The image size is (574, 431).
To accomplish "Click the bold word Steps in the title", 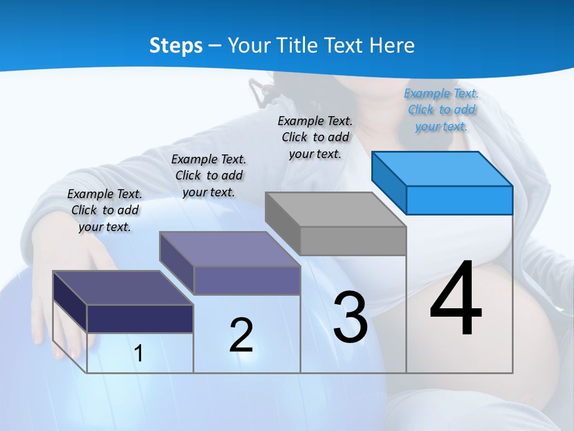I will coord(176,45).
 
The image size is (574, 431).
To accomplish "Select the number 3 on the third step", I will coord(350,317).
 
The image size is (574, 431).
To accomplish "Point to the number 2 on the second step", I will coord(241,335).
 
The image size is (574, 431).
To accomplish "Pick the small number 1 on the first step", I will coord(139,354).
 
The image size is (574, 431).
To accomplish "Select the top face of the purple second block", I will coord(230,249).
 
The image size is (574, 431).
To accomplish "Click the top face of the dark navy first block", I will coord(123,287).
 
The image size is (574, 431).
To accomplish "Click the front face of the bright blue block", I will coord(459,200).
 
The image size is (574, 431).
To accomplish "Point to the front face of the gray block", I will coord(353,241).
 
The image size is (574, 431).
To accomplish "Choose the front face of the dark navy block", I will coord(140,318).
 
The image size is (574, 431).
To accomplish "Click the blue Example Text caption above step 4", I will coord(441,110).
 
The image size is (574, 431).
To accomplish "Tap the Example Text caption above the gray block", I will coord(315,137).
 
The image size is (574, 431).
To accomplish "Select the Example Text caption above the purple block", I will coord(209,175).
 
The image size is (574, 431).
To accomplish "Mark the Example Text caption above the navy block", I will coord(105,210).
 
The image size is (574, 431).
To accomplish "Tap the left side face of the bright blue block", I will coord(389,183).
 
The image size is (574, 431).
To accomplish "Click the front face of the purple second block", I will coord(247,280).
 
